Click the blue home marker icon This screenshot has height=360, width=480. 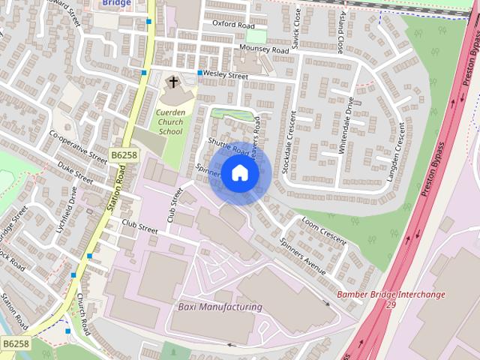239,173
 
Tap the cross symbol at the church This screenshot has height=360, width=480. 173,81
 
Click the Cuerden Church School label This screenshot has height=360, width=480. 170,121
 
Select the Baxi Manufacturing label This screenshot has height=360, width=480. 220,307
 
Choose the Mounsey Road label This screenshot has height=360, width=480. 264,49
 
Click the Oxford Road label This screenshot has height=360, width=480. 233,25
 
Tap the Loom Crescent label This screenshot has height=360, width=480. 324,230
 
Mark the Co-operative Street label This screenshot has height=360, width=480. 78,146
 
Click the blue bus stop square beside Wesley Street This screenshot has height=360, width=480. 200,73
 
